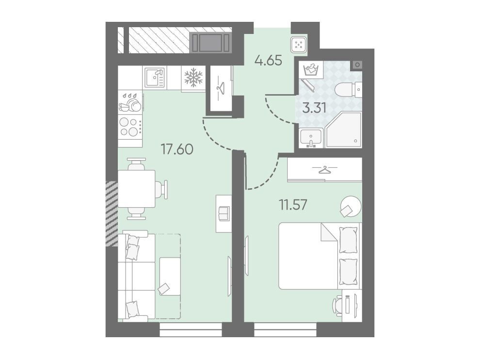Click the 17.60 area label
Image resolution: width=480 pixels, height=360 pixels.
[x=177, y=149]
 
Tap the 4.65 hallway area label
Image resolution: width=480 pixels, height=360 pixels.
[x=268, y=60]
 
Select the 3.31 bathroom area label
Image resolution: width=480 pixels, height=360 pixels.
[x=314, y=108]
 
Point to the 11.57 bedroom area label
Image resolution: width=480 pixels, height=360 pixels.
[x=293, y=204]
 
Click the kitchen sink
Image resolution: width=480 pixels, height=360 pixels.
[x=155, y=77]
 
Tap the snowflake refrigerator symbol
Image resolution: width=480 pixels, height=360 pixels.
[x=193, y=77]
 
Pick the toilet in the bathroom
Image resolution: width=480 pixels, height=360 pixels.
[x=349, y=90]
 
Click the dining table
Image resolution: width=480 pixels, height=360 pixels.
[x=137, y=189]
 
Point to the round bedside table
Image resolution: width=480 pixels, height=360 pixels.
[x=351, y=206]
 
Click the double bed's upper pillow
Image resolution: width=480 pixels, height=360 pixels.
[x=349, y=240]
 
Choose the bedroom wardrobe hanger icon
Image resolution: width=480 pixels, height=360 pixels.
[x=324, y=169]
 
